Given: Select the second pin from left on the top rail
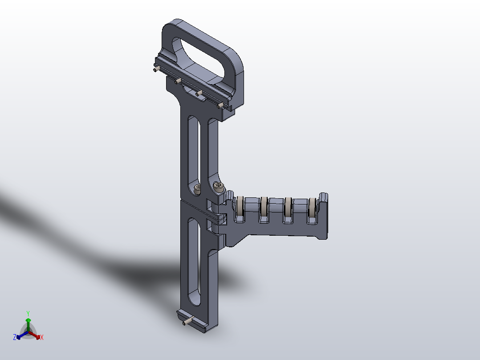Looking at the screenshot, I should tap(177, 81).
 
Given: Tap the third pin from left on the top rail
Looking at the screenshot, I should tap(199, 93).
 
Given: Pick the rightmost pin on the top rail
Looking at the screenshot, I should tap(220, 105).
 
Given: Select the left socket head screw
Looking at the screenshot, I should tap(197, 188).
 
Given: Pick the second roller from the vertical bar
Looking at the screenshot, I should tap(264, 209).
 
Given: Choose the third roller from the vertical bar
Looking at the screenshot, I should tap(288, 209).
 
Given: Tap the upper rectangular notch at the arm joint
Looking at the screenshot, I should tap(209, 204).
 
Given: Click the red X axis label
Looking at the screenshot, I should tap(42, 338).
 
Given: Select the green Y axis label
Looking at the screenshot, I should tap(28, 313).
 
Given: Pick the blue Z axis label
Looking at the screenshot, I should tap(15, 337).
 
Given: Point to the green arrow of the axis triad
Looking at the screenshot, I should tap(28, 323).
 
